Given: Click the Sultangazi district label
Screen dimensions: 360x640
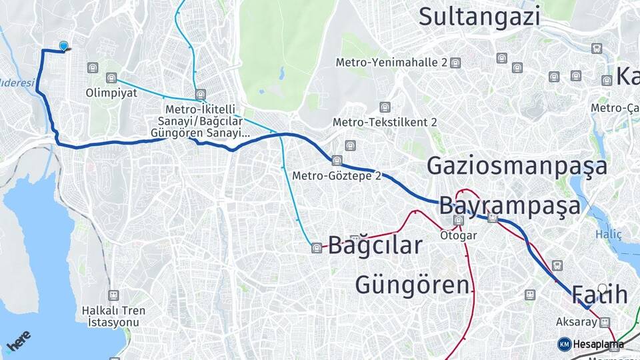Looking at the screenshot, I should (x=479, y=17).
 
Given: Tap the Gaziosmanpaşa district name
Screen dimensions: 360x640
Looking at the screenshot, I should (x=517, y=165).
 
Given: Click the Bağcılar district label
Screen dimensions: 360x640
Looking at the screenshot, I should (x=375, y=245).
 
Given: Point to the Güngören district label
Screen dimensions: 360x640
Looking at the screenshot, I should (x=412, y=285).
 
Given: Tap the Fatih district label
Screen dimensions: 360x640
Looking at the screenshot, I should (x=599, y=294).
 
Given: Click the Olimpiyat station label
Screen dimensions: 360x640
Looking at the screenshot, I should (x=107, y=93).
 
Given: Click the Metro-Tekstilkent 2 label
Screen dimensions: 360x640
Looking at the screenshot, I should (x=385, y=122).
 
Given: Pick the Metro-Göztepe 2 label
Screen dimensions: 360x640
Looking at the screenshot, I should (x=337, y=176).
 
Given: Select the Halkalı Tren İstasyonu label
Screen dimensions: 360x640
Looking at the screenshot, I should (x=113, y=316).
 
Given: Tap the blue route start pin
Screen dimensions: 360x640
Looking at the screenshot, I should (x=64, y=46).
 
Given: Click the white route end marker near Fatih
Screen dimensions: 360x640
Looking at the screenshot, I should (x=603, y=289).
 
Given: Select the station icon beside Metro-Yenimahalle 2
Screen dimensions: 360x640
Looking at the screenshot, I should (x=455, y=63).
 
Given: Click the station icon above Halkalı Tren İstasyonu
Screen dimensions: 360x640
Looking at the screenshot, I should (x=114, y=295).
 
